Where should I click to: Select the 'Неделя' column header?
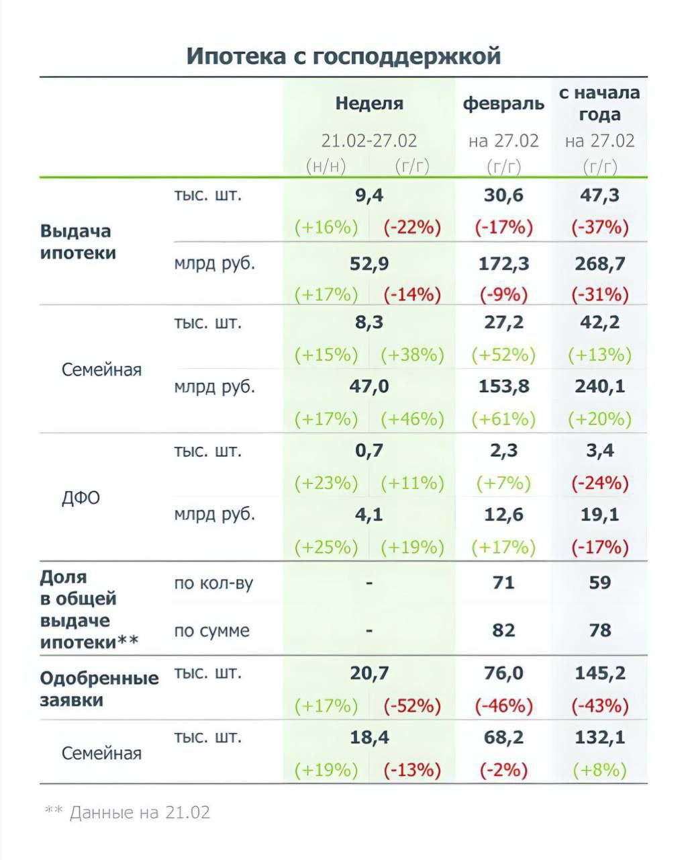click(369, 103)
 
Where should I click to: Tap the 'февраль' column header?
click(503, 103)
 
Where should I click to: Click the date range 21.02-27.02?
click(369, 140)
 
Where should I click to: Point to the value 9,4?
click(369, 196)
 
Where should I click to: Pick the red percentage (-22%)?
click(412, 227)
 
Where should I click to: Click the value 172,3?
click(503, 263)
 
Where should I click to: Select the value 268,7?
click(599, 263)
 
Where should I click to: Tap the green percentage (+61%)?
click(503, 419)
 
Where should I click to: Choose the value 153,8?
click(503, 386)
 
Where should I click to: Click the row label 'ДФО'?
click(81, 498)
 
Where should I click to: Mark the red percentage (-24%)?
click(599, 483)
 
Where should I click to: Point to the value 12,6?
click(503, 515)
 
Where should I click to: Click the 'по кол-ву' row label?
click(213, 583)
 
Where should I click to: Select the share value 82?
click(503, 630)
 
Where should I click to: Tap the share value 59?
click(599, 582)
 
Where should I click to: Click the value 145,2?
click(599, 673)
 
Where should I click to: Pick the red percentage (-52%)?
click(412, 706)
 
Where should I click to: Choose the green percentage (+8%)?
click(599, 770)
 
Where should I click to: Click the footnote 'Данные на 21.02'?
click(140, 812)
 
